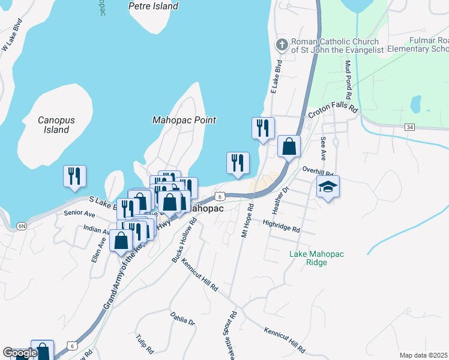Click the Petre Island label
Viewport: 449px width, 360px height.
[x=153, y=6]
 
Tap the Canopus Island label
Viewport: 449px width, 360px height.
[x=56, y=125]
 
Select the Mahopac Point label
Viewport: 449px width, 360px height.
[x=184, y=120]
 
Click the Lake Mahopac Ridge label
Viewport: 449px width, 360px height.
[x=316, y=258]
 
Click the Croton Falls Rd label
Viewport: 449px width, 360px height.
[x=333, y=112]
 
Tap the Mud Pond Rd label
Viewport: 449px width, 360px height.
[x=348, y=79]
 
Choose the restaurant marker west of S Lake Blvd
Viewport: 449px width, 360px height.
[x=75, y=176]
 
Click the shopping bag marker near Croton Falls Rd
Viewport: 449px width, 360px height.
[x=289, y=146]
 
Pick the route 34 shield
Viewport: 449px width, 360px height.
[x=409, y=127]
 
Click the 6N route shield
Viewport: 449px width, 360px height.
[x=22, y=226]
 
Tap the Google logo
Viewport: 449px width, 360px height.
[x=20, y=353]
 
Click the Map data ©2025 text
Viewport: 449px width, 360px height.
[x=423, y=355]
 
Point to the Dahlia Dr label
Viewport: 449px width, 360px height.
[x=182, y=319]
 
